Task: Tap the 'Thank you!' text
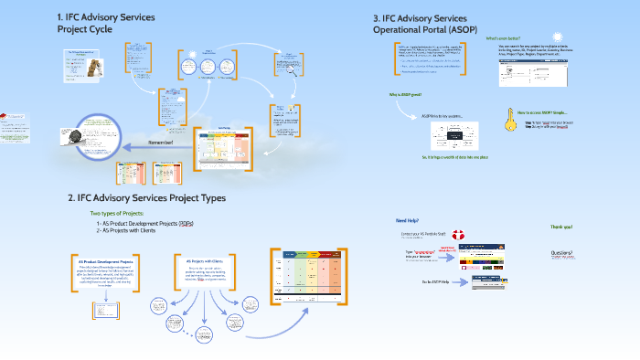[560, 227]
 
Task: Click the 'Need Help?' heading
[408, 222]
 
